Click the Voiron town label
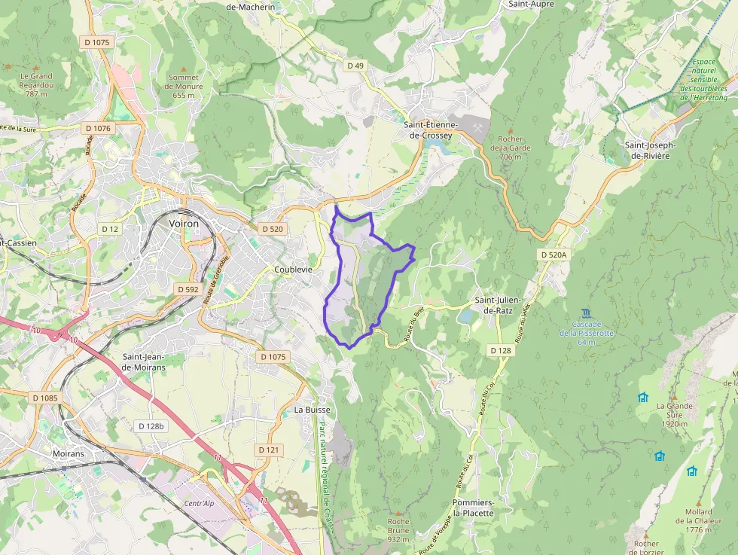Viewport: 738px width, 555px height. coord(184,224)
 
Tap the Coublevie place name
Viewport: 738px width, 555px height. coord(293,269)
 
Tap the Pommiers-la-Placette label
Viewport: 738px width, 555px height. coord(473,508)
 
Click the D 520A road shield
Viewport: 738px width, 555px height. coord(553,255)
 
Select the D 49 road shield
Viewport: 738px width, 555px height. coord(355,66)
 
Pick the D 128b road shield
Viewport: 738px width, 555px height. coord(151,426)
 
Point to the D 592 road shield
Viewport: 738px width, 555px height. coord(188,289)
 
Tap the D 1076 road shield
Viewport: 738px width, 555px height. coord(97,129)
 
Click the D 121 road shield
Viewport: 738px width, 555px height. coord(269,450)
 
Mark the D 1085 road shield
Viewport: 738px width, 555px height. coord(45,397)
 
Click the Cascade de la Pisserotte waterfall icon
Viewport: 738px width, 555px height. coord(587,313)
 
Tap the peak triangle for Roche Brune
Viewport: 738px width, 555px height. coord(398,511)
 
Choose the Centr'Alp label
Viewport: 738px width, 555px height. coord(200,503)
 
